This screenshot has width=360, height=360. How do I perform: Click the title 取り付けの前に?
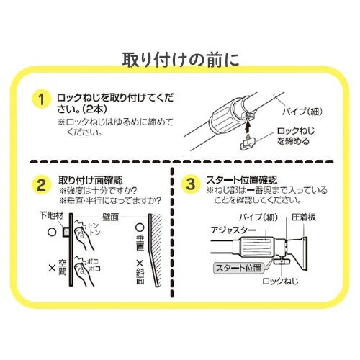point(180,58)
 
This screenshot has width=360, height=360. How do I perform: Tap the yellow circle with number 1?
point(44,99)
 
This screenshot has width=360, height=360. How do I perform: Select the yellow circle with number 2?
point(44,184)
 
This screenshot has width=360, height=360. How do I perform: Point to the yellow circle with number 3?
point(190,184)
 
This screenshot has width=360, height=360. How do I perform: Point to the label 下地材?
point(53,216)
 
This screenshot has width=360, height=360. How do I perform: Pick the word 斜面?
point(138,276)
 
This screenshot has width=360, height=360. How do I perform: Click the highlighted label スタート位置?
point(242,268)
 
